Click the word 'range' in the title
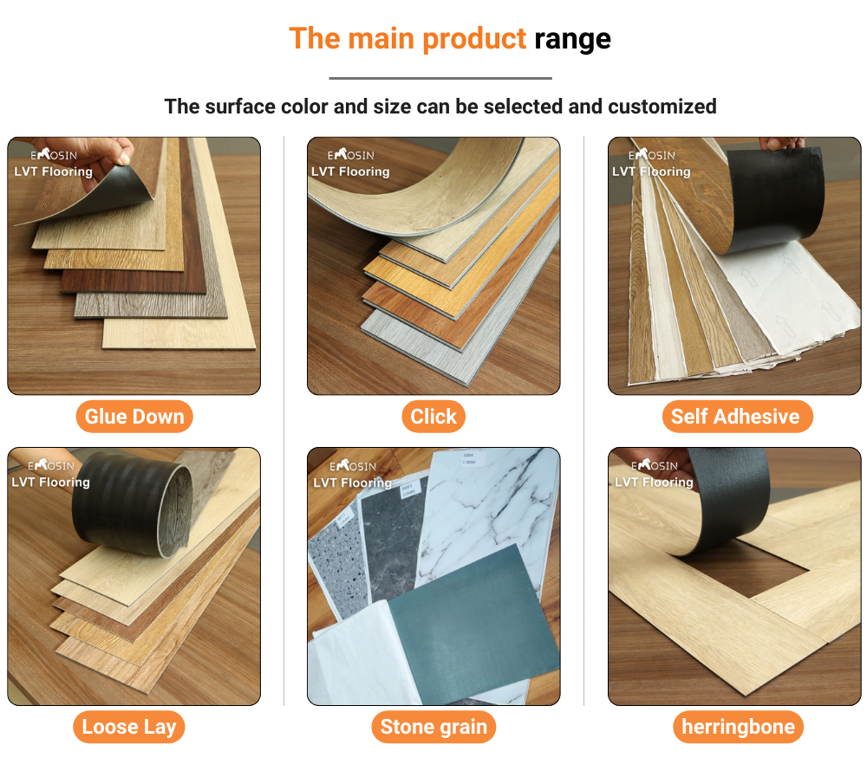(572, 39)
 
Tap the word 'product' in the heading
(474, 39)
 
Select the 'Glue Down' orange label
(134, 417)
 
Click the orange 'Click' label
(433, 417)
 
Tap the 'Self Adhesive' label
(735, 417)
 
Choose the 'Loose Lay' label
(129, 727)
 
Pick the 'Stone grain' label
(433, 727)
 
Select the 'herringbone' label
(738, 727)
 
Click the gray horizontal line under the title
(440, 78)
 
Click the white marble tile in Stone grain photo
(486, 511)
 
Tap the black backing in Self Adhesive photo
(776, 195)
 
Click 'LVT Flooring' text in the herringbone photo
(654, 482)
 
